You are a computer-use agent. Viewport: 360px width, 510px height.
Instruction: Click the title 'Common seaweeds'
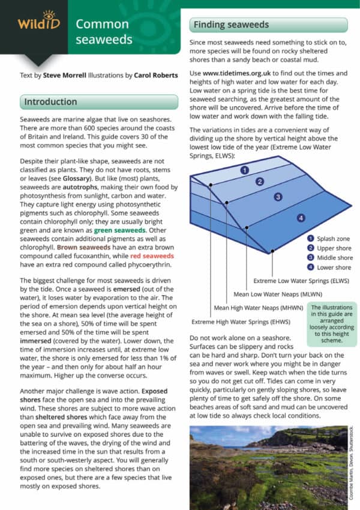[x=101, y=32]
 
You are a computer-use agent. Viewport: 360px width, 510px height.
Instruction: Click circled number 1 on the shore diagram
[x=245, y=170]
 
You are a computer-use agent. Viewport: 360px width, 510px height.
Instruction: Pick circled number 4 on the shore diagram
[x=301, y=218]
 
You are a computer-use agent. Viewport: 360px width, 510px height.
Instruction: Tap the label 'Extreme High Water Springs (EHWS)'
[x=238, y=322]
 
